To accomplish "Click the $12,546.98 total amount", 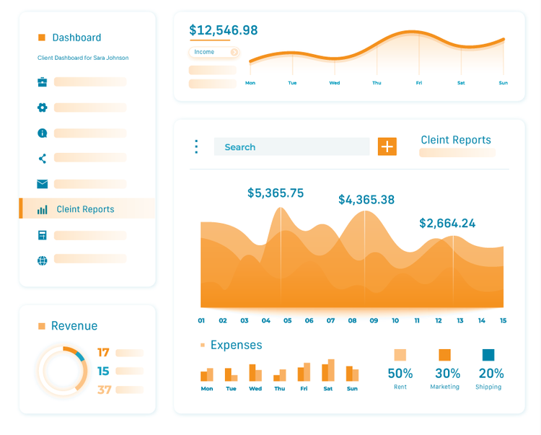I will [223, 30].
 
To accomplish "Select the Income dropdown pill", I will [214, 52].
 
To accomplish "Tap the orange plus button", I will [387, 146].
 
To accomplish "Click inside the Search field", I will [291, 147].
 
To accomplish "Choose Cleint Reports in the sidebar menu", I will [85, 209].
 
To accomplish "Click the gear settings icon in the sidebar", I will [42, 107].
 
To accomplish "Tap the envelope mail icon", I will [42, 184].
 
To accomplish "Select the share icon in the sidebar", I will [42, 159].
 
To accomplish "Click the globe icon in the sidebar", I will [42, 260].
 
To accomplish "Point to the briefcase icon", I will [42, 82].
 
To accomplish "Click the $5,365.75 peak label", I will [276, 193].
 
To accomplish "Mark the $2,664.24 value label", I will [447, 224].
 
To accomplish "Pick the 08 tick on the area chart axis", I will [352, 320].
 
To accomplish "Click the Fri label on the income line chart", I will [418, 83].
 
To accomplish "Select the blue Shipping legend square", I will [488, 354].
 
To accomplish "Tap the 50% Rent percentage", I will [400, 374].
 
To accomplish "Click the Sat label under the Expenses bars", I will [328, 389].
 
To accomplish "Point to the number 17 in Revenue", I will [104, 353].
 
